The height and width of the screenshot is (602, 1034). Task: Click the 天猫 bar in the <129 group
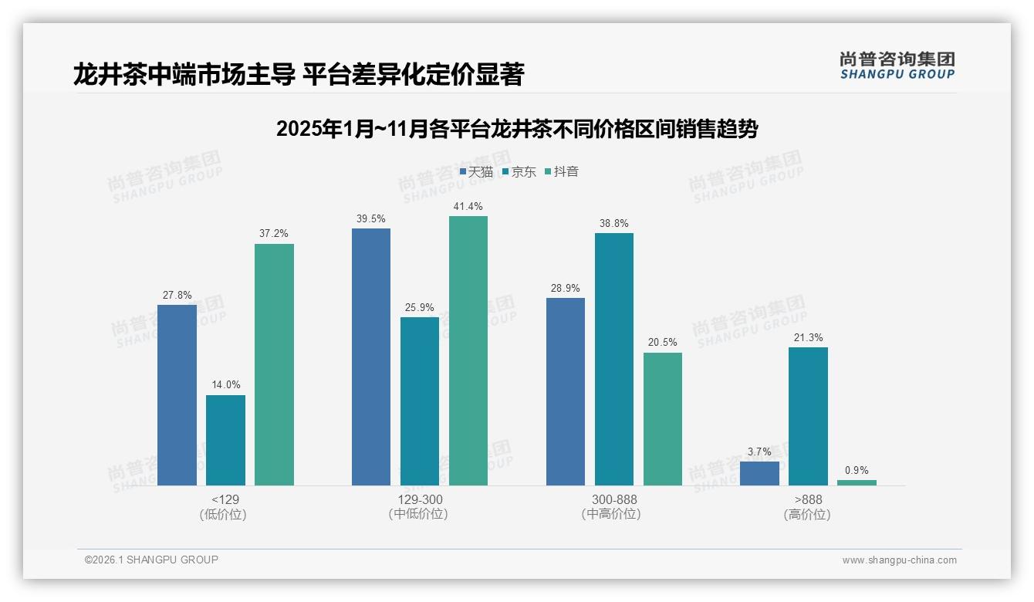(177, 394)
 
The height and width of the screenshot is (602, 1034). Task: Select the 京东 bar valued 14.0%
(225, 440)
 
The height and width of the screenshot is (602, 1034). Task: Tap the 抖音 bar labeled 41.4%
(468, 350)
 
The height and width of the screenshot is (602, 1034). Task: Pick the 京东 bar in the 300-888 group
(613, 359)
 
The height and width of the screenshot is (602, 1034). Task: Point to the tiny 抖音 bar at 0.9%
(857, 482)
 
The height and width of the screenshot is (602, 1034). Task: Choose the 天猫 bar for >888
(759, 473)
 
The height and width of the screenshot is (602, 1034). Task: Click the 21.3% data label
(808, 338)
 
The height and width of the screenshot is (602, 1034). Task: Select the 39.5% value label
(370, 219)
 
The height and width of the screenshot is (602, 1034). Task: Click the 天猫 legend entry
(476, 172)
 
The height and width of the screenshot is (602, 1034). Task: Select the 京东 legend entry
(519, 172)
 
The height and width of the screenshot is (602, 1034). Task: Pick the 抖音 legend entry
(562, 172)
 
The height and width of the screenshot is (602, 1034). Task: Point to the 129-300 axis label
(419, 499)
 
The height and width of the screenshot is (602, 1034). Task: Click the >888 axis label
(807, 499)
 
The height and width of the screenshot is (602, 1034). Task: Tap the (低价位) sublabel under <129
(225, 515)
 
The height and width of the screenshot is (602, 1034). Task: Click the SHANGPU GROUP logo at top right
(897, 66)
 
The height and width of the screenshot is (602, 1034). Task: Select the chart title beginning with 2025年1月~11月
(516, 129)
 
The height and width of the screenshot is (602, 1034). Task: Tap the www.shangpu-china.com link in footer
(899, 560)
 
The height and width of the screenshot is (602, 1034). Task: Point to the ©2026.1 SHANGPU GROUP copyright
(151, 560)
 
